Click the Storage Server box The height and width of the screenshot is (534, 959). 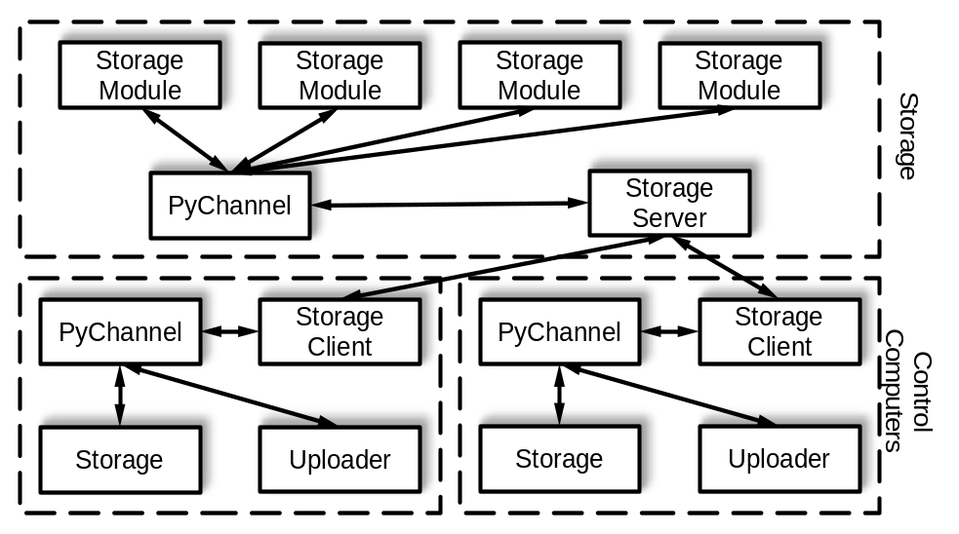click(669, 203)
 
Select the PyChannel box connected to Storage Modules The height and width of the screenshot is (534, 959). click(230, 206)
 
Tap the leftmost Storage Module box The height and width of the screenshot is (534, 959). click(140, 75)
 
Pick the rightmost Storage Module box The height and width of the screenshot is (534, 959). click(739, 75)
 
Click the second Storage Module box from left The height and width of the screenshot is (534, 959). click(340, 75)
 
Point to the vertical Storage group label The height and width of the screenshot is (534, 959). click(908, 135)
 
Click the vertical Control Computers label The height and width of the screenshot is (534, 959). click(908, 391)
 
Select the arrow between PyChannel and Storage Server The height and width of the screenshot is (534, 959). click(450, 204)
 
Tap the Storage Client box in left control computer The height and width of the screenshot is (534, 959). click(340, 331)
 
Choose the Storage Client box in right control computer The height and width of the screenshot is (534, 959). click(779, 331)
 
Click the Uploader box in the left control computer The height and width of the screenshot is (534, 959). click(340, 460)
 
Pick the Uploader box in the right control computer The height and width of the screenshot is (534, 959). click(779, 459)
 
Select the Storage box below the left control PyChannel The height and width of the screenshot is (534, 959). click(120, 460)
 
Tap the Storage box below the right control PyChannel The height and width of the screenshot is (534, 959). click(560, 459)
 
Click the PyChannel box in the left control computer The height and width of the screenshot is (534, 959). click(120, 331)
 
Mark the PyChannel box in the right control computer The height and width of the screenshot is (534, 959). click(560, 331)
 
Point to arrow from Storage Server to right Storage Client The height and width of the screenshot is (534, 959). click(724, 267)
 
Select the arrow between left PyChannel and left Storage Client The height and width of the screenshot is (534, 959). click(230, 331)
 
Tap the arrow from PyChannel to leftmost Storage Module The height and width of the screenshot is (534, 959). click(185, 140)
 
